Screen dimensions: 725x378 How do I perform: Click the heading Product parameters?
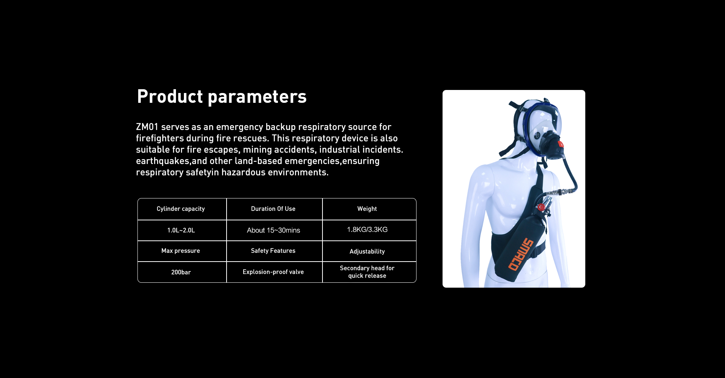[222, 96]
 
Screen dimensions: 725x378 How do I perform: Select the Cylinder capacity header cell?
[182, 209]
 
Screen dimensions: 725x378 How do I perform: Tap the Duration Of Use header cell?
[275, 209]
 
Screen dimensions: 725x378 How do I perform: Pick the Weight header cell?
[369, 209]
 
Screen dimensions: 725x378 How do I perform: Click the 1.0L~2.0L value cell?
[182, 230]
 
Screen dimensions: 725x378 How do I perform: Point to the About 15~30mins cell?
[275, 230]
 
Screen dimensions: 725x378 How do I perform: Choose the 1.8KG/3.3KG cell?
[369, 230]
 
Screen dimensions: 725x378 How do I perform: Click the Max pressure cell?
[182, 251]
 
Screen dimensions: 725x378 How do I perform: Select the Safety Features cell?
[275, 251]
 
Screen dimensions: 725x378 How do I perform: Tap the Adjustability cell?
[369, 251]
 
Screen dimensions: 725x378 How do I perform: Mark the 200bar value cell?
[182, 272]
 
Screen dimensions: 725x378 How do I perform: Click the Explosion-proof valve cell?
[275, 272]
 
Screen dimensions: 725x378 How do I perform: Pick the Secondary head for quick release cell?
[369, 272]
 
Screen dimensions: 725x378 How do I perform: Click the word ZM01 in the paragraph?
[147, 127]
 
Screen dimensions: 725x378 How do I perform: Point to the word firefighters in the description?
[160, 138]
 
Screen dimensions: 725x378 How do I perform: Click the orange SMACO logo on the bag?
[521, 254]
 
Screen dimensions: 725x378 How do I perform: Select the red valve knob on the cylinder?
[541, 207]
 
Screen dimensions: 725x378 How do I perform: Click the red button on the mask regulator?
[561, 144]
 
